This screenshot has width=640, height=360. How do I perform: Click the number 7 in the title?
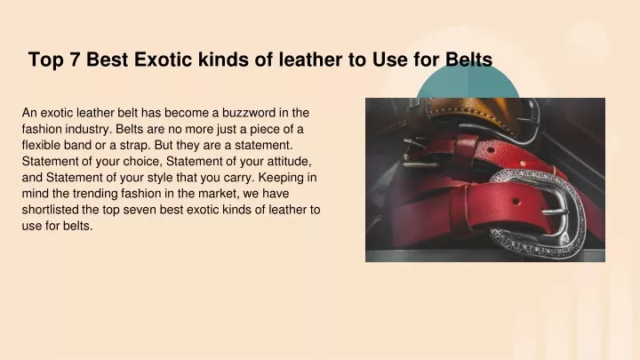click(74, 60)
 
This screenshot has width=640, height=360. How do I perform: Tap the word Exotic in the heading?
click(163, 60)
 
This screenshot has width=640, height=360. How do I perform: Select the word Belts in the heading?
click(468, 60)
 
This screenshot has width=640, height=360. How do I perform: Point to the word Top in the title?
click(45, 60)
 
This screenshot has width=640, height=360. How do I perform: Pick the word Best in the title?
click(107, 60)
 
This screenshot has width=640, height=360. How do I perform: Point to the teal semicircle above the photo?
click(468, 83)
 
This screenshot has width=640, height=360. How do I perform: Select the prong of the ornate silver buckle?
click(555, 212)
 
